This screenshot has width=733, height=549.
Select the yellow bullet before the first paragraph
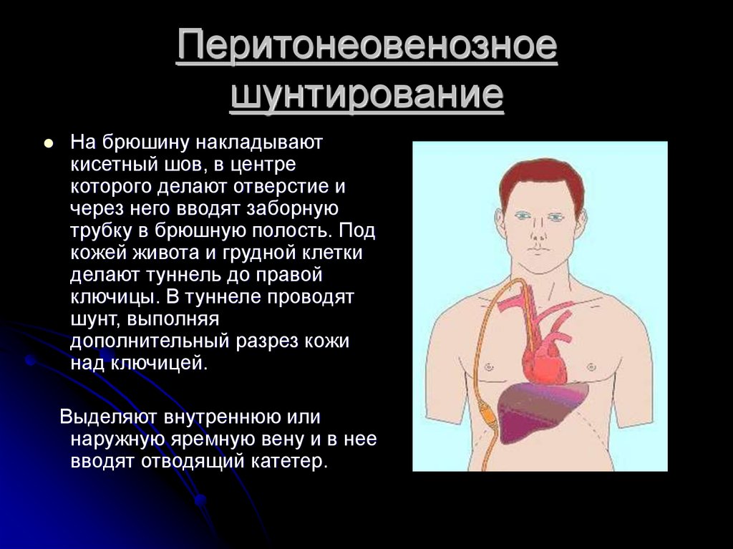[48, 143]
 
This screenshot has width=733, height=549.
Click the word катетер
[289, 461]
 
